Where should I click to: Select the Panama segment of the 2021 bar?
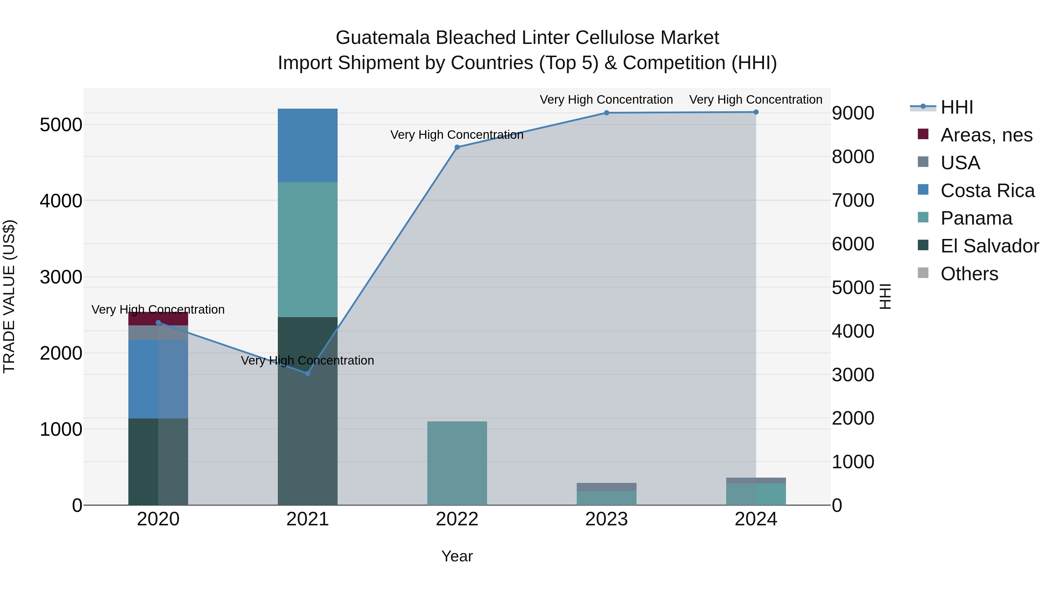308,249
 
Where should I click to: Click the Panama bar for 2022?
457,463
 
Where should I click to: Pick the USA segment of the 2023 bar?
607,487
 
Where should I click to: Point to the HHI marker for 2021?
308,373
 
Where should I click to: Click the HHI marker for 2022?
457,147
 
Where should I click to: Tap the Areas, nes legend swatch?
923,134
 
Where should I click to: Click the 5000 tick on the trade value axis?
61,125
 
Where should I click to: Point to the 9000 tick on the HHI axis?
853,113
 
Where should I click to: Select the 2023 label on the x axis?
607,519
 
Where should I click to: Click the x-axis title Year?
457,556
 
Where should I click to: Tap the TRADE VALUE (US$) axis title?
9,296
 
